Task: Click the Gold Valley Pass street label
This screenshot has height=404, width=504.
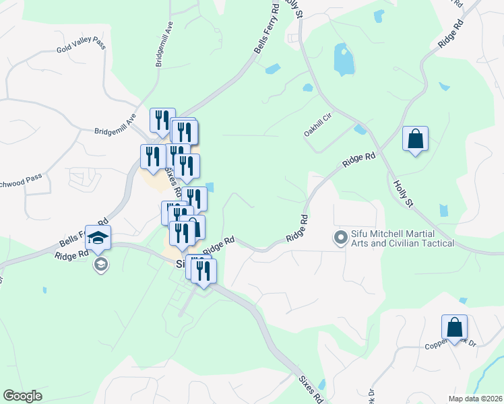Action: pyautogui.click(x=82, y=46)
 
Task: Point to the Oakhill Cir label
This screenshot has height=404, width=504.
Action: pyautogui.click(x=318, y=125)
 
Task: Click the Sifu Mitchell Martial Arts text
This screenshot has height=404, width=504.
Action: pyautogui.click(x=402, y=238)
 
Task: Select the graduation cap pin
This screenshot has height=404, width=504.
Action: pyautogui.click(x=98, y=238)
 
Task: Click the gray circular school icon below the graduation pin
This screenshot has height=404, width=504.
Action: pyautogui.click(x=101, y=264)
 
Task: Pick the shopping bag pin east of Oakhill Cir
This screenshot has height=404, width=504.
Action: pyautogui.click(x=415, y=139)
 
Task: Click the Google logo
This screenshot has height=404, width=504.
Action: pyautogui.click(x=22, y=396)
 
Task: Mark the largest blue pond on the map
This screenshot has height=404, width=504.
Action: pyautogui.click(x=343, y=60)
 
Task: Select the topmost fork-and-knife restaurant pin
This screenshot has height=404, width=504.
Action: pyautogui.click(x=162, y=121)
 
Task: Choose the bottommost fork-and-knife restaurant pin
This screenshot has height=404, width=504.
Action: pyautogui.click(x=203, y=271)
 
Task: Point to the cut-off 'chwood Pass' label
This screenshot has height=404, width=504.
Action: pyautogui.click(x=21, y=178)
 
